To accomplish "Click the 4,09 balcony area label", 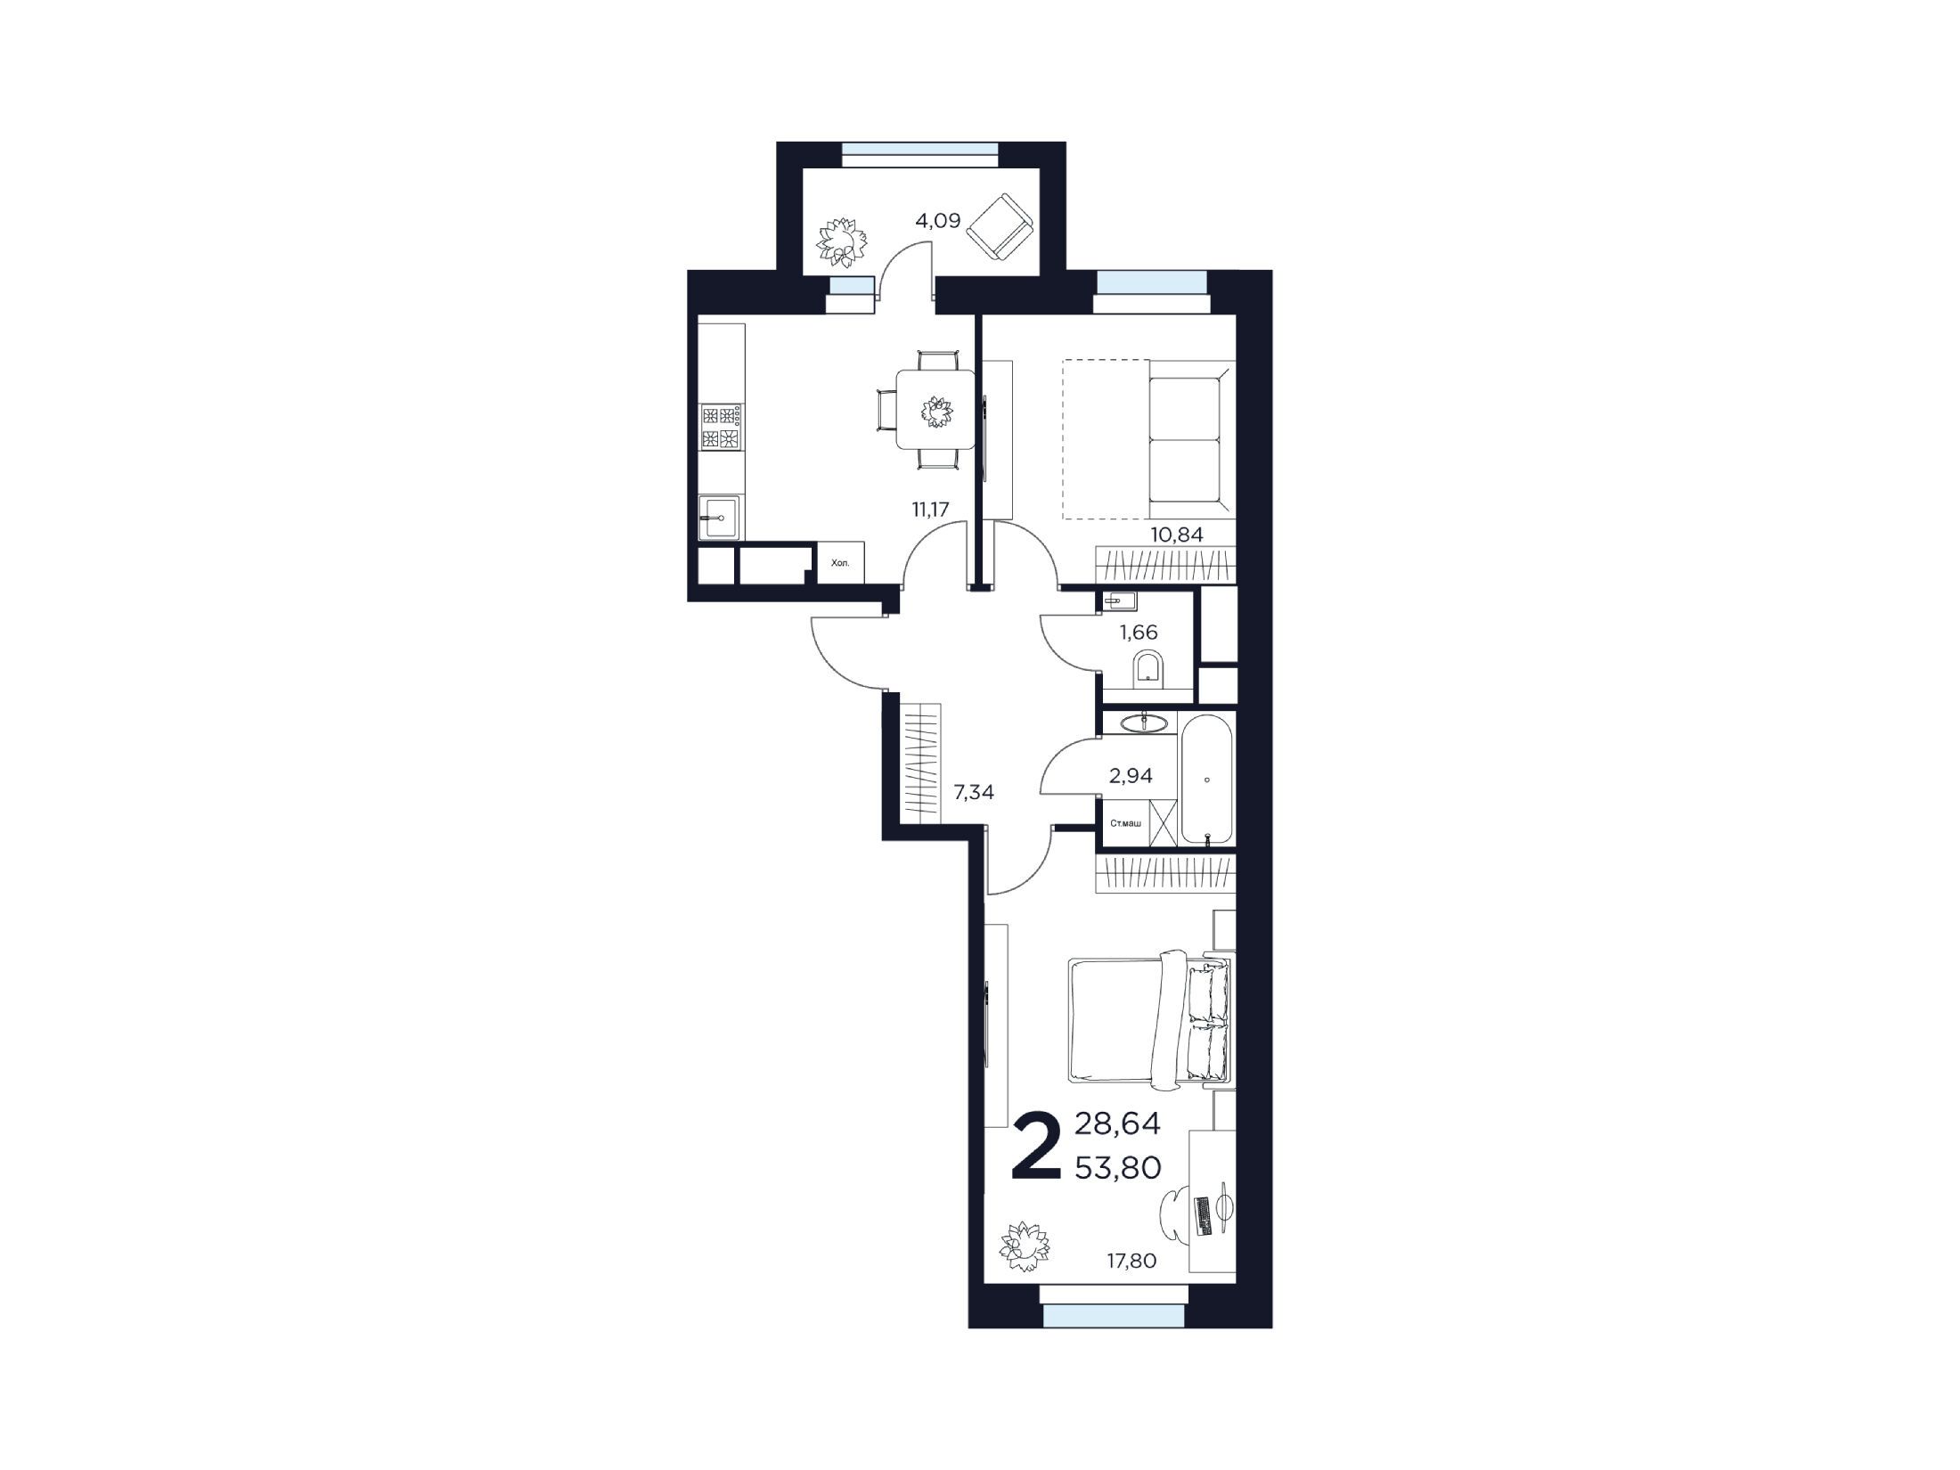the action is coord(938,220).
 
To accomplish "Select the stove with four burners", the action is coord(723,427).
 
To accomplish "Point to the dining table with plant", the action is coord(935,410).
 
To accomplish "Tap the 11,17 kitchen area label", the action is coord(930,510).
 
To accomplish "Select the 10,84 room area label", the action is coord(1178,535).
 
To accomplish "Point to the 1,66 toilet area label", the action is coord(1139,633).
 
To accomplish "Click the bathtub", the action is coord(1207,780).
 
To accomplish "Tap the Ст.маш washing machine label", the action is coord(1124,822).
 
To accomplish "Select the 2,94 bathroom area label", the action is coord(1131,776).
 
